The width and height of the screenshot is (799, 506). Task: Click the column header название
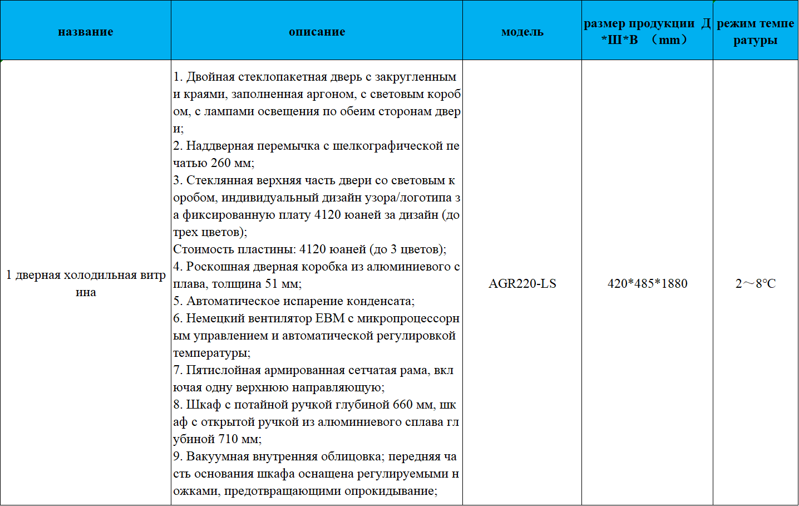[x=86, y=32]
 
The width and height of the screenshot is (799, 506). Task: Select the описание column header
[x=317, y=32]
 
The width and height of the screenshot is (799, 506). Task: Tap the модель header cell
[x=522, y=32]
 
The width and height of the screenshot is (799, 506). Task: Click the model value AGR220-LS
[x=522, y=283]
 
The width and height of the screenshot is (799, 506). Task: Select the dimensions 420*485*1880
[x=647, y=283]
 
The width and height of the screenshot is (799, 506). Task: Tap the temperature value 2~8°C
[x=755, y=283]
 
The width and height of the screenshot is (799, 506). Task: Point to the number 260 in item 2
[x=220, y=163]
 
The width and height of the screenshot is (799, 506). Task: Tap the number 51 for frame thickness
[x=272, y=284]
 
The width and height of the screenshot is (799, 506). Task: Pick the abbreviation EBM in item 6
[x=330, y=318]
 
